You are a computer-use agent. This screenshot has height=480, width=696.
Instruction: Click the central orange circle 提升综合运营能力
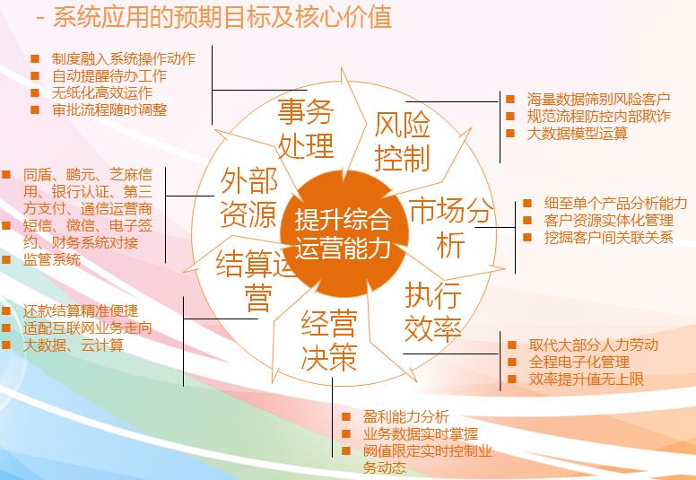[x=344, y=234]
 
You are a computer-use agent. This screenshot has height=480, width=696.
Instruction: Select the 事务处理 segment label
[x=305, y=129]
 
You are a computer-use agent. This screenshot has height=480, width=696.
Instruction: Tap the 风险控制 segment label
[x=403, y=141]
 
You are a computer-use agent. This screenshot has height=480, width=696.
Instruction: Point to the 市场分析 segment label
[x=450, y=227]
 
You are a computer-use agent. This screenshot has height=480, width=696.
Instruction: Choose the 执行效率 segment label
[x=433, y=311]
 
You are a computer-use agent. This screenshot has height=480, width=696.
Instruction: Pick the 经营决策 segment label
[x=329, y=340]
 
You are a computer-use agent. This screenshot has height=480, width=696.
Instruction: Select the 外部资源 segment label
[x=249, y=197]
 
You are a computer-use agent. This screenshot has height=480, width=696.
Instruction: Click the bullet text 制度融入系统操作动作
[x=124, y=59]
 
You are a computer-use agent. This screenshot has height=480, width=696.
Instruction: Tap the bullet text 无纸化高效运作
[x=102, y=92]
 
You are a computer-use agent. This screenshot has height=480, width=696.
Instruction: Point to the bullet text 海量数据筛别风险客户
[x=599, y=99]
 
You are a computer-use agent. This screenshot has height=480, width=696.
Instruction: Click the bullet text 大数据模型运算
[x=577, y=133]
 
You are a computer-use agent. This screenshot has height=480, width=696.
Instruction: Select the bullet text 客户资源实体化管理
[x=609, y=220]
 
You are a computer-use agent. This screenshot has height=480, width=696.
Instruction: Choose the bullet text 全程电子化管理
[x=579, y=362]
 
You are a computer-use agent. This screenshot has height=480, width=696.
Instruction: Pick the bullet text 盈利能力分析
[x=406, y=416]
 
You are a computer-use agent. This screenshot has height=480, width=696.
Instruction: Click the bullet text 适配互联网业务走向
[x=87, y=327]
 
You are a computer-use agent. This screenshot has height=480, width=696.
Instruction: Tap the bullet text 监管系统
[x=52, y=259]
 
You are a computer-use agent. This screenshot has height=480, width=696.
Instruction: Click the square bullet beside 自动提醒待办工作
[x=35, y=76]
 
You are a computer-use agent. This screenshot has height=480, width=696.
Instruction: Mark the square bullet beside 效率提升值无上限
[x=512, y=379]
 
